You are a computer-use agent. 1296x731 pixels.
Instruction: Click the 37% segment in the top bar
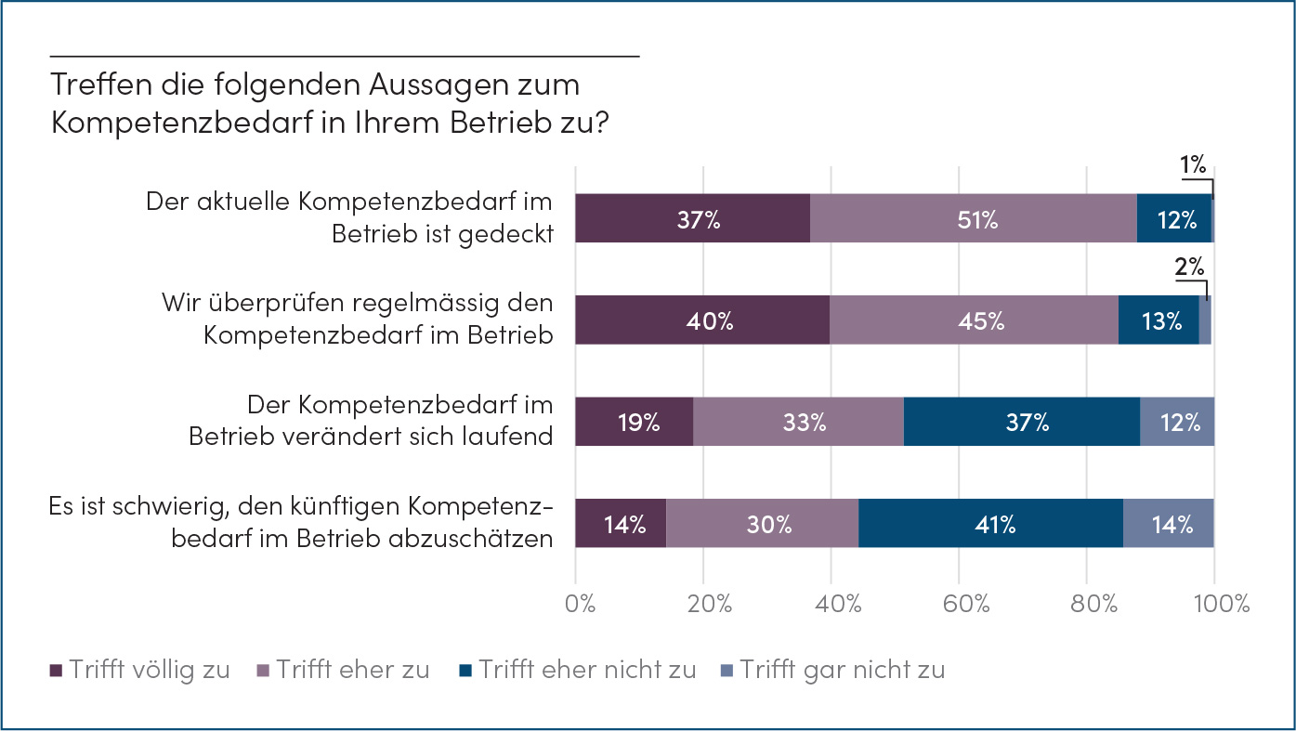pos(692,219)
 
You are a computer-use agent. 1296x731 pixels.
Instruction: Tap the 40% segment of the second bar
pos(702,321)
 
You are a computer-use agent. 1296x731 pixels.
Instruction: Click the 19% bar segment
pos(635,423)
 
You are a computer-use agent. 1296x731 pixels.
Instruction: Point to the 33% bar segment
pos(798,423)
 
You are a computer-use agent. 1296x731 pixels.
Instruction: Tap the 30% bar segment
pos(763,524)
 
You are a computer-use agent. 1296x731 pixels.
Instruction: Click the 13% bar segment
pos(1159,321)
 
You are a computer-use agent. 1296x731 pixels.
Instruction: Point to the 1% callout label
pos(1193,166)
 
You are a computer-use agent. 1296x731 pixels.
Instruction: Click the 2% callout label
pos(1188,268)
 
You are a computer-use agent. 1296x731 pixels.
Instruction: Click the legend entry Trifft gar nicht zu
pos(842,670)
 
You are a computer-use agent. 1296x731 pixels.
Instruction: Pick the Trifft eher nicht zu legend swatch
pos(466,671)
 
